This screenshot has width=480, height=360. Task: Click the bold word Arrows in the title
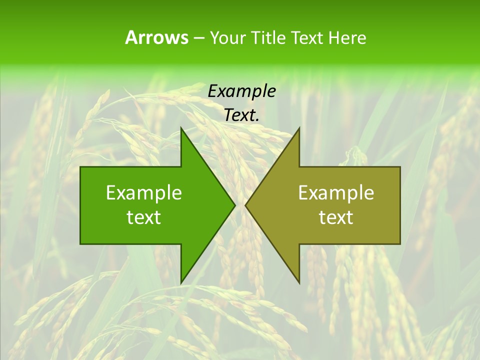coord(157,37)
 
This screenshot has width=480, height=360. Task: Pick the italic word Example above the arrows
coord(242,91)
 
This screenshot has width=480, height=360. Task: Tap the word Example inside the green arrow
coord(144,193)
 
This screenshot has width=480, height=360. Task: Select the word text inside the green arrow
coord(144,217)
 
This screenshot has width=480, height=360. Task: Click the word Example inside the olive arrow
coord(336,193)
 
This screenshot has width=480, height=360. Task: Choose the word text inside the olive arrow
coord(336,217)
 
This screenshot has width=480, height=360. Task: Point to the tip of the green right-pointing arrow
coord(234,205)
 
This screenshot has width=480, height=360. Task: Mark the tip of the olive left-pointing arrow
coord(245,205)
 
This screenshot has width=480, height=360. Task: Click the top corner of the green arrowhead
coord(181,128)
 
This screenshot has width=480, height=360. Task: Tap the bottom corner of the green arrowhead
coord(181,283)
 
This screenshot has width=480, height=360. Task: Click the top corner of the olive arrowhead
coord(299,128)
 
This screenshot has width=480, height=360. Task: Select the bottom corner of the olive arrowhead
coord(299,283)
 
